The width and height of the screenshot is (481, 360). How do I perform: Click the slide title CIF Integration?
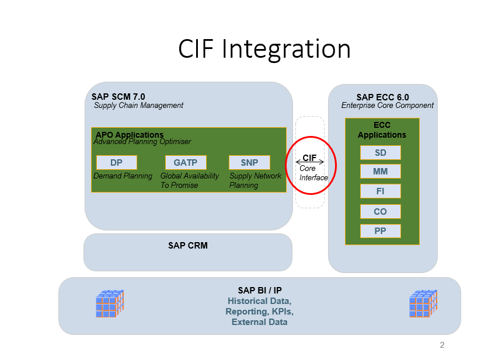(x=264, y=50)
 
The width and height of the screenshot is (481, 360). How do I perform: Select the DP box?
(x=117, y=163)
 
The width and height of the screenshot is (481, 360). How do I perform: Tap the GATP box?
(x=186, y=163)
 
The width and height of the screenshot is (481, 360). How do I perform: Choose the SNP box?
(x=250, y=163)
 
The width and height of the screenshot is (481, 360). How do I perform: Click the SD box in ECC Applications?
(x=380, y=153)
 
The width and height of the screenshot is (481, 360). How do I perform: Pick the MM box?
(x=380, y=172)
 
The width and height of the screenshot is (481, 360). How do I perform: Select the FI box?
(x=380, y=191)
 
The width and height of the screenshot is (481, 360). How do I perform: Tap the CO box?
(x=380, y=211)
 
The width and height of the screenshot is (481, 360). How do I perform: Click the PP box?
(x=380, y=231)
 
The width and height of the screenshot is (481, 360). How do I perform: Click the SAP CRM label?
(x=188, y=246)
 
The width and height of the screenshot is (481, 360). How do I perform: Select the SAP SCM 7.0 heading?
(x=118, y=97)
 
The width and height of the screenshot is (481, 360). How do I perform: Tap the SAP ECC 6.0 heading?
(x=382, y=97)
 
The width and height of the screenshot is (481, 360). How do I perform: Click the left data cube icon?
(x=110, y=303)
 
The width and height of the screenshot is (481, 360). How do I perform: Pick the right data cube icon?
(x=423, y=303)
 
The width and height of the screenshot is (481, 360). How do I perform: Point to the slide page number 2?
(x=442, y=345)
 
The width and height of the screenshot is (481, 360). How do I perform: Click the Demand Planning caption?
(x=123, y=176)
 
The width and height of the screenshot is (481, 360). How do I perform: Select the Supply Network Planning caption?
(x=255, y=180)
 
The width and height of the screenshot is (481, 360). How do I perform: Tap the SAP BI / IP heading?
(x=259, y=291)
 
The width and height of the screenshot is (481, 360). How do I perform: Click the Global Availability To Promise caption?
(x=190, y=180)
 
